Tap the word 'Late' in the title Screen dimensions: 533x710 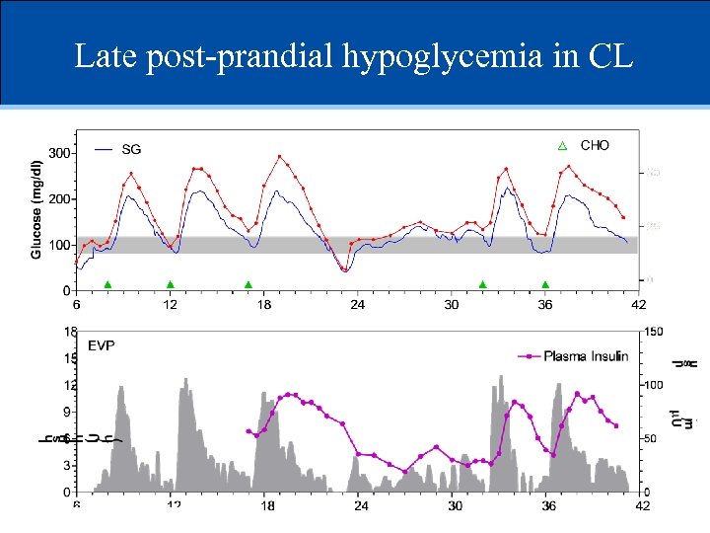(x=106, y=56)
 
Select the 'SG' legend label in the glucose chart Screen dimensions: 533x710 (x=131, y=150)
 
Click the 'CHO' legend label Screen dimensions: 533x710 (x=595, y=145)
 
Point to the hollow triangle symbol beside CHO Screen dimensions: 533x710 (x=563, y=146)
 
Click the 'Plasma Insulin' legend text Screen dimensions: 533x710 (x=586, y=356)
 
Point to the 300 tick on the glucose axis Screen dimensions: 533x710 (x=60, y=153)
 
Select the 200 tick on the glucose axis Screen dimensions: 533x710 (x=60, y=199)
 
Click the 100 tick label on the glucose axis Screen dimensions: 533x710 (x=60, y=245)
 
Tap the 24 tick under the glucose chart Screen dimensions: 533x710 (x=358, y=305)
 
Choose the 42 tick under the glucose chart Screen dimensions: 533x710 (x=638, y=305)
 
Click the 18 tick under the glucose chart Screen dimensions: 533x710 (x=264, y=305)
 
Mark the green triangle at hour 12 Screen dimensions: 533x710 (x=171, y=284)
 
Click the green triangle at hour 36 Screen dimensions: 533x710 (x=545, y=284)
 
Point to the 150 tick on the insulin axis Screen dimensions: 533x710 (x=654, y=332)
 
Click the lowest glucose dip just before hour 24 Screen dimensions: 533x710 (x=344, y=269)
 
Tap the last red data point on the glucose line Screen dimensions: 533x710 (x=623, y=217)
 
